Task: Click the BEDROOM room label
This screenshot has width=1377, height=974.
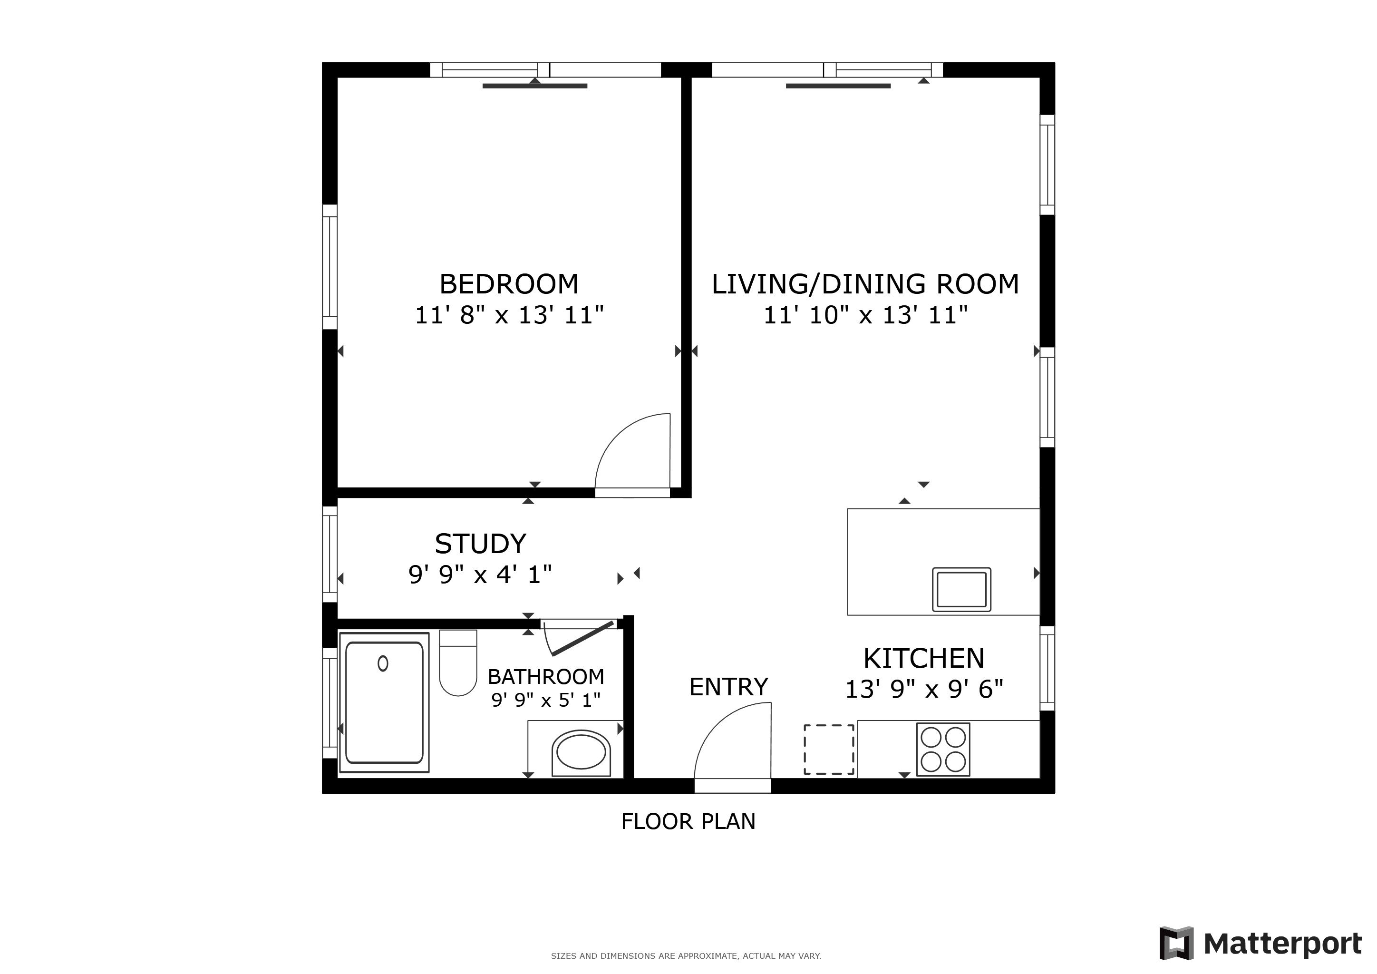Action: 509,284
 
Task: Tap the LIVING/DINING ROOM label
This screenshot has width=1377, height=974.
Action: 865,284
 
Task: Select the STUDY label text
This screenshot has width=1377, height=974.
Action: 480,544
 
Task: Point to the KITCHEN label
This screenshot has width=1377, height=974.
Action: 923,659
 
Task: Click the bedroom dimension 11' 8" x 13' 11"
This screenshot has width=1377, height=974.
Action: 509,315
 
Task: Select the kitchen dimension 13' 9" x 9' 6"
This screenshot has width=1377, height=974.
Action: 923,690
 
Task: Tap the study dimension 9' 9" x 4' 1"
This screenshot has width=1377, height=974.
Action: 480,575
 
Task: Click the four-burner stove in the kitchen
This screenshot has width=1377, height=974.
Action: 943,750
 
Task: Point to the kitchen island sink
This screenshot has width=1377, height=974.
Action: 961,590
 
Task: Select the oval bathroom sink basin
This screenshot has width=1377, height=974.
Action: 581,751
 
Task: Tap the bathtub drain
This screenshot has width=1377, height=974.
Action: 383,663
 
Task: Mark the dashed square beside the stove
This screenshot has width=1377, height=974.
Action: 829,750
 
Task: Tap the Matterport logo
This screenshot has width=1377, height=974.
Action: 1261,944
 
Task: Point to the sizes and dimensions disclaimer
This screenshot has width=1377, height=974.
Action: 686,956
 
